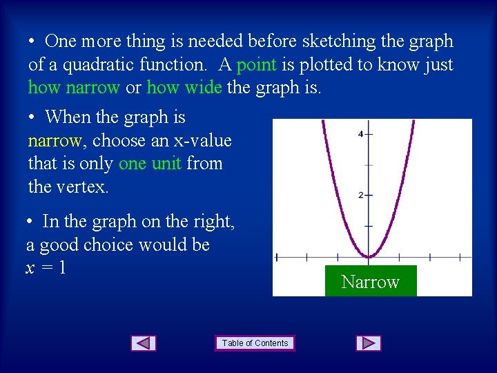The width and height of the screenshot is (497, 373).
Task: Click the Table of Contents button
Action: point(255,343)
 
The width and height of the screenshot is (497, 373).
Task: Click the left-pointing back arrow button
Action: point(144,343)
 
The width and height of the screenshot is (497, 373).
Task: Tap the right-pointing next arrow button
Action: point(369,343)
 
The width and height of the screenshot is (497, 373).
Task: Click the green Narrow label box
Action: point(371,282)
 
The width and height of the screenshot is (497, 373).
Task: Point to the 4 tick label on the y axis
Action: point(360,134)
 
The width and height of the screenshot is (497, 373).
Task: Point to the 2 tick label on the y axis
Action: point(360,195)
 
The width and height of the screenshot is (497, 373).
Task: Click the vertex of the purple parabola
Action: point(369,257)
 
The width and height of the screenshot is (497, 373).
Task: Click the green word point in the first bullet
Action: point(256,65)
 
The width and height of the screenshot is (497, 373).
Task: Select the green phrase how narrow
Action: point(74,88)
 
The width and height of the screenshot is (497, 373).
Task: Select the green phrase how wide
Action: point(184,88)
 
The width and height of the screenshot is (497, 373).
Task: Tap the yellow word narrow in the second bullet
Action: point(55,141)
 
